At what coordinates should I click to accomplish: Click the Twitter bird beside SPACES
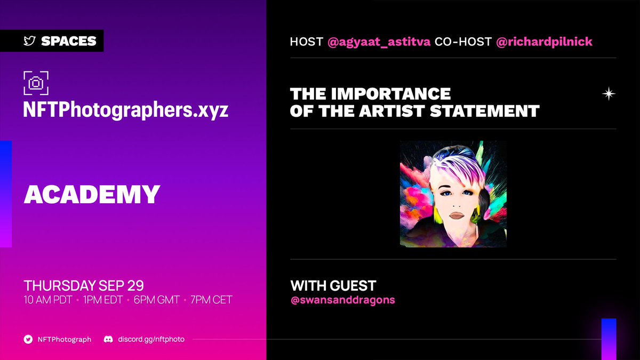pos(29,41)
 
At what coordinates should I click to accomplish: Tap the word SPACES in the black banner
pos(68,41)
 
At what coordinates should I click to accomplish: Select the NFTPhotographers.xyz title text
pos(126,110)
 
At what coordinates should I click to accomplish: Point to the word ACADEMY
pos(92,195)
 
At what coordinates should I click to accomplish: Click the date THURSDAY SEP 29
pos(84,285)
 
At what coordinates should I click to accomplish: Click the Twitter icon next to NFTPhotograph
pos(28,339)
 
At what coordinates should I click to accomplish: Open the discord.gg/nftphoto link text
pos(151,339)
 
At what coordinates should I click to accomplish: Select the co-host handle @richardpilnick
pos(544,42)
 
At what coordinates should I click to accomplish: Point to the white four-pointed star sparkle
pos(608,94)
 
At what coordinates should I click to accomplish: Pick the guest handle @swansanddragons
pos(342,300)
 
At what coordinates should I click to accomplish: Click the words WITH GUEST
pos(333,285)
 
